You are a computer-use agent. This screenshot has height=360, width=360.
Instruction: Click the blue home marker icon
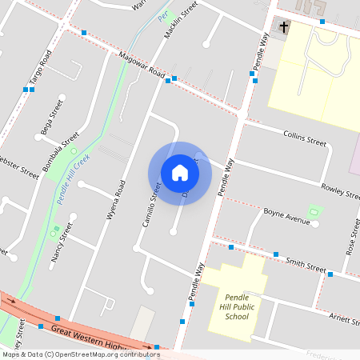180,173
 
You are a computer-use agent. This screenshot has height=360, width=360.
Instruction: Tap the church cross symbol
284,28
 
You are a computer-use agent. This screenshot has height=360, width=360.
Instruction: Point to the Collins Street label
305,139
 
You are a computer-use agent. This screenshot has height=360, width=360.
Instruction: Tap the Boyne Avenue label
286,217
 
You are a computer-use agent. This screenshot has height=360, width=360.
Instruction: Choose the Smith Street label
306,264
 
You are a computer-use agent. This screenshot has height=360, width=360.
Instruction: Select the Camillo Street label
152,205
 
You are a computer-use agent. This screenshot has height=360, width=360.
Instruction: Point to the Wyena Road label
118,200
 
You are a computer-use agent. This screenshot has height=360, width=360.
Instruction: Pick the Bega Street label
51,118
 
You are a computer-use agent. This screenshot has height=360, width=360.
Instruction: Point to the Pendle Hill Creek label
74,175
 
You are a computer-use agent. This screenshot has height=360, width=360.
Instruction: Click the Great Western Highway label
89,335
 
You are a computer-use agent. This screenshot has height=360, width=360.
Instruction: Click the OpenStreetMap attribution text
81,354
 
